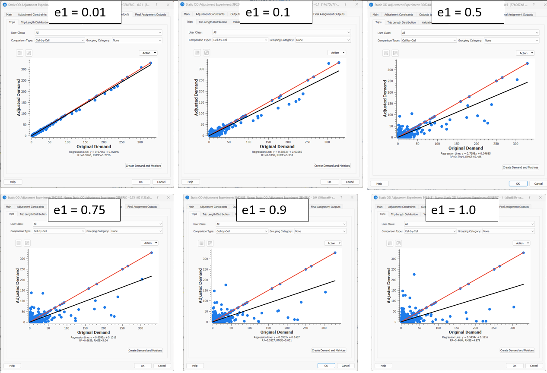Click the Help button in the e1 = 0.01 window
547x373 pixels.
[x=13, y=182]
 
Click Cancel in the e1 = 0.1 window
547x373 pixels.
[x=347, y=182]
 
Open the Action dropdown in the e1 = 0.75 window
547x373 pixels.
[x=149, y=243]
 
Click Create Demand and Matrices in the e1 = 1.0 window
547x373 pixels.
[x=517, y=351]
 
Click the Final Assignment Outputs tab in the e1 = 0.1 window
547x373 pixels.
[x=329, y=14]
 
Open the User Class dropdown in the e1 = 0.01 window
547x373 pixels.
[x=98, y=32]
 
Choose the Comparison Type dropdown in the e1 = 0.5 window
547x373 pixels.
[x=428, y=41]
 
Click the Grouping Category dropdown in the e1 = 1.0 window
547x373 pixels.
[x=509, y=231]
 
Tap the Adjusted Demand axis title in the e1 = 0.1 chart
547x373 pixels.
[x=197, y=98]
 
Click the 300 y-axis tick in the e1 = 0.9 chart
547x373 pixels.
[x=207, y=259]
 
